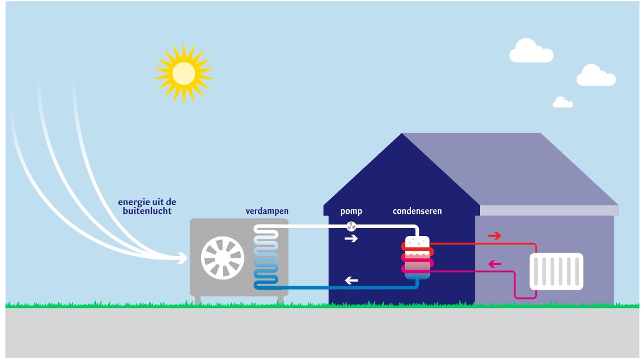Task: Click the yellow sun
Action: click(x=183, y=72)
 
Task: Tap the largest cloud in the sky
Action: click(x=531, y=51)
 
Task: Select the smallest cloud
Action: click(x=562, y=102)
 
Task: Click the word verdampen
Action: click(x=267, y=211)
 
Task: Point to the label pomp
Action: click(x=351, y=211)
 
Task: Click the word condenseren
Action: click(x=417, y=211)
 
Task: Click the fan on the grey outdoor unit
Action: click(x=222, y=258)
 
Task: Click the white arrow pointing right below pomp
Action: click(x=351, y=238)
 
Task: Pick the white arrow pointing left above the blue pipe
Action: click(x=351, y=281)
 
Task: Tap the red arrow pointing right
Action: click(x=494, y=235)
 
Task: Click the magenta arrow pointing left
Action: click(x=494, y=264)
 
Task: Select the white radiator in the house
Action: click(x=556, y=271)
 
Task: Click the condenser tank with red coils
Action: click(x=417, y=257)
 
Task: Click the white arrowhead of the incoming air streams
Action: click(x=182, y=259)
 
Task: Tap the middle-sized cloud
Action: click(x=595, y=75)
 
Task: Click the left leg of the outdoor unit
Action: click(x=198, y=300)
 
